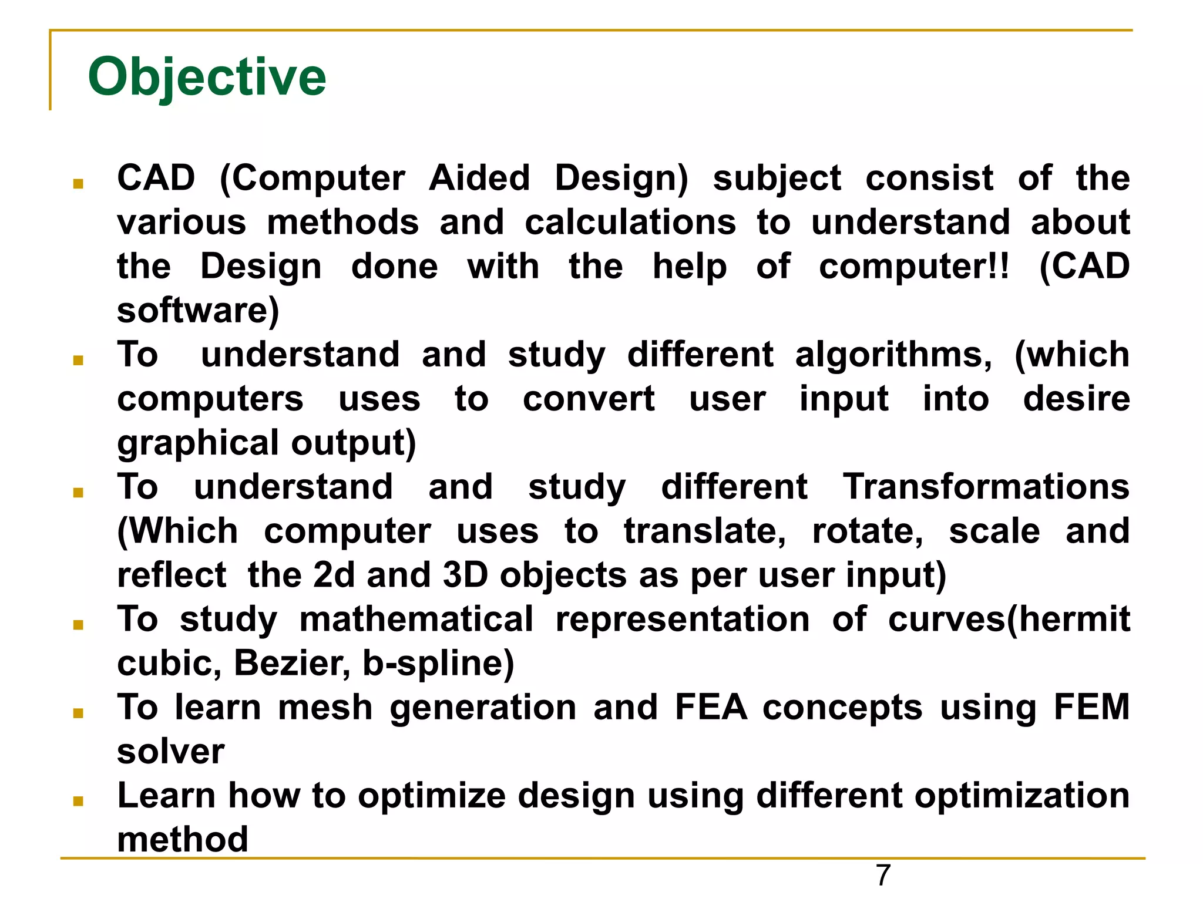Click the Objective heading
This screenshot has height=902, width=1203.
pos(207,78)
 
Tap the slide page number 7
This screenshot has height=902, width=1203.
pos(883,876)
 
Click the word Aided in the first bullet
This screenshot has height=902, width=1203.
pos(479,178)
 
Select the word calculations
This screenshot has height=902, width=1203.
pos(630,223)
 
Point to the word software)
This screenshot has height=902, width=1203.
pos(198,311)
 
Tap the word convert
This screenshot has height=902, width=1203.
pos(589,399)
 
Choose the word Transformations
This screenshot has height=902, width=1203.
pos(986,487)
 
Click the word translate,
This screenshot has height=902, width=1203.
pos(704,531)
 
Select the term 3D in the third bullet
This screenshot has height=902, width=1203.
pos(465,575)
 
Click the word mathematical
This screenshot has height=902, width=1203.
pos(416,619)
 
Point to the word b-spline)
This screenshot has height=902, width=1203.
pos(438,663)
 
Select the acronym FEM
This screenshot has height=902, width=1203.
pos(1091,707)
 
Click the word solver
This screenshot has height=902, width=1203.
pos(170,751)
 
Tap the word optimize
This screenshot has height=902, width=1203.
pos(432,796)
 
